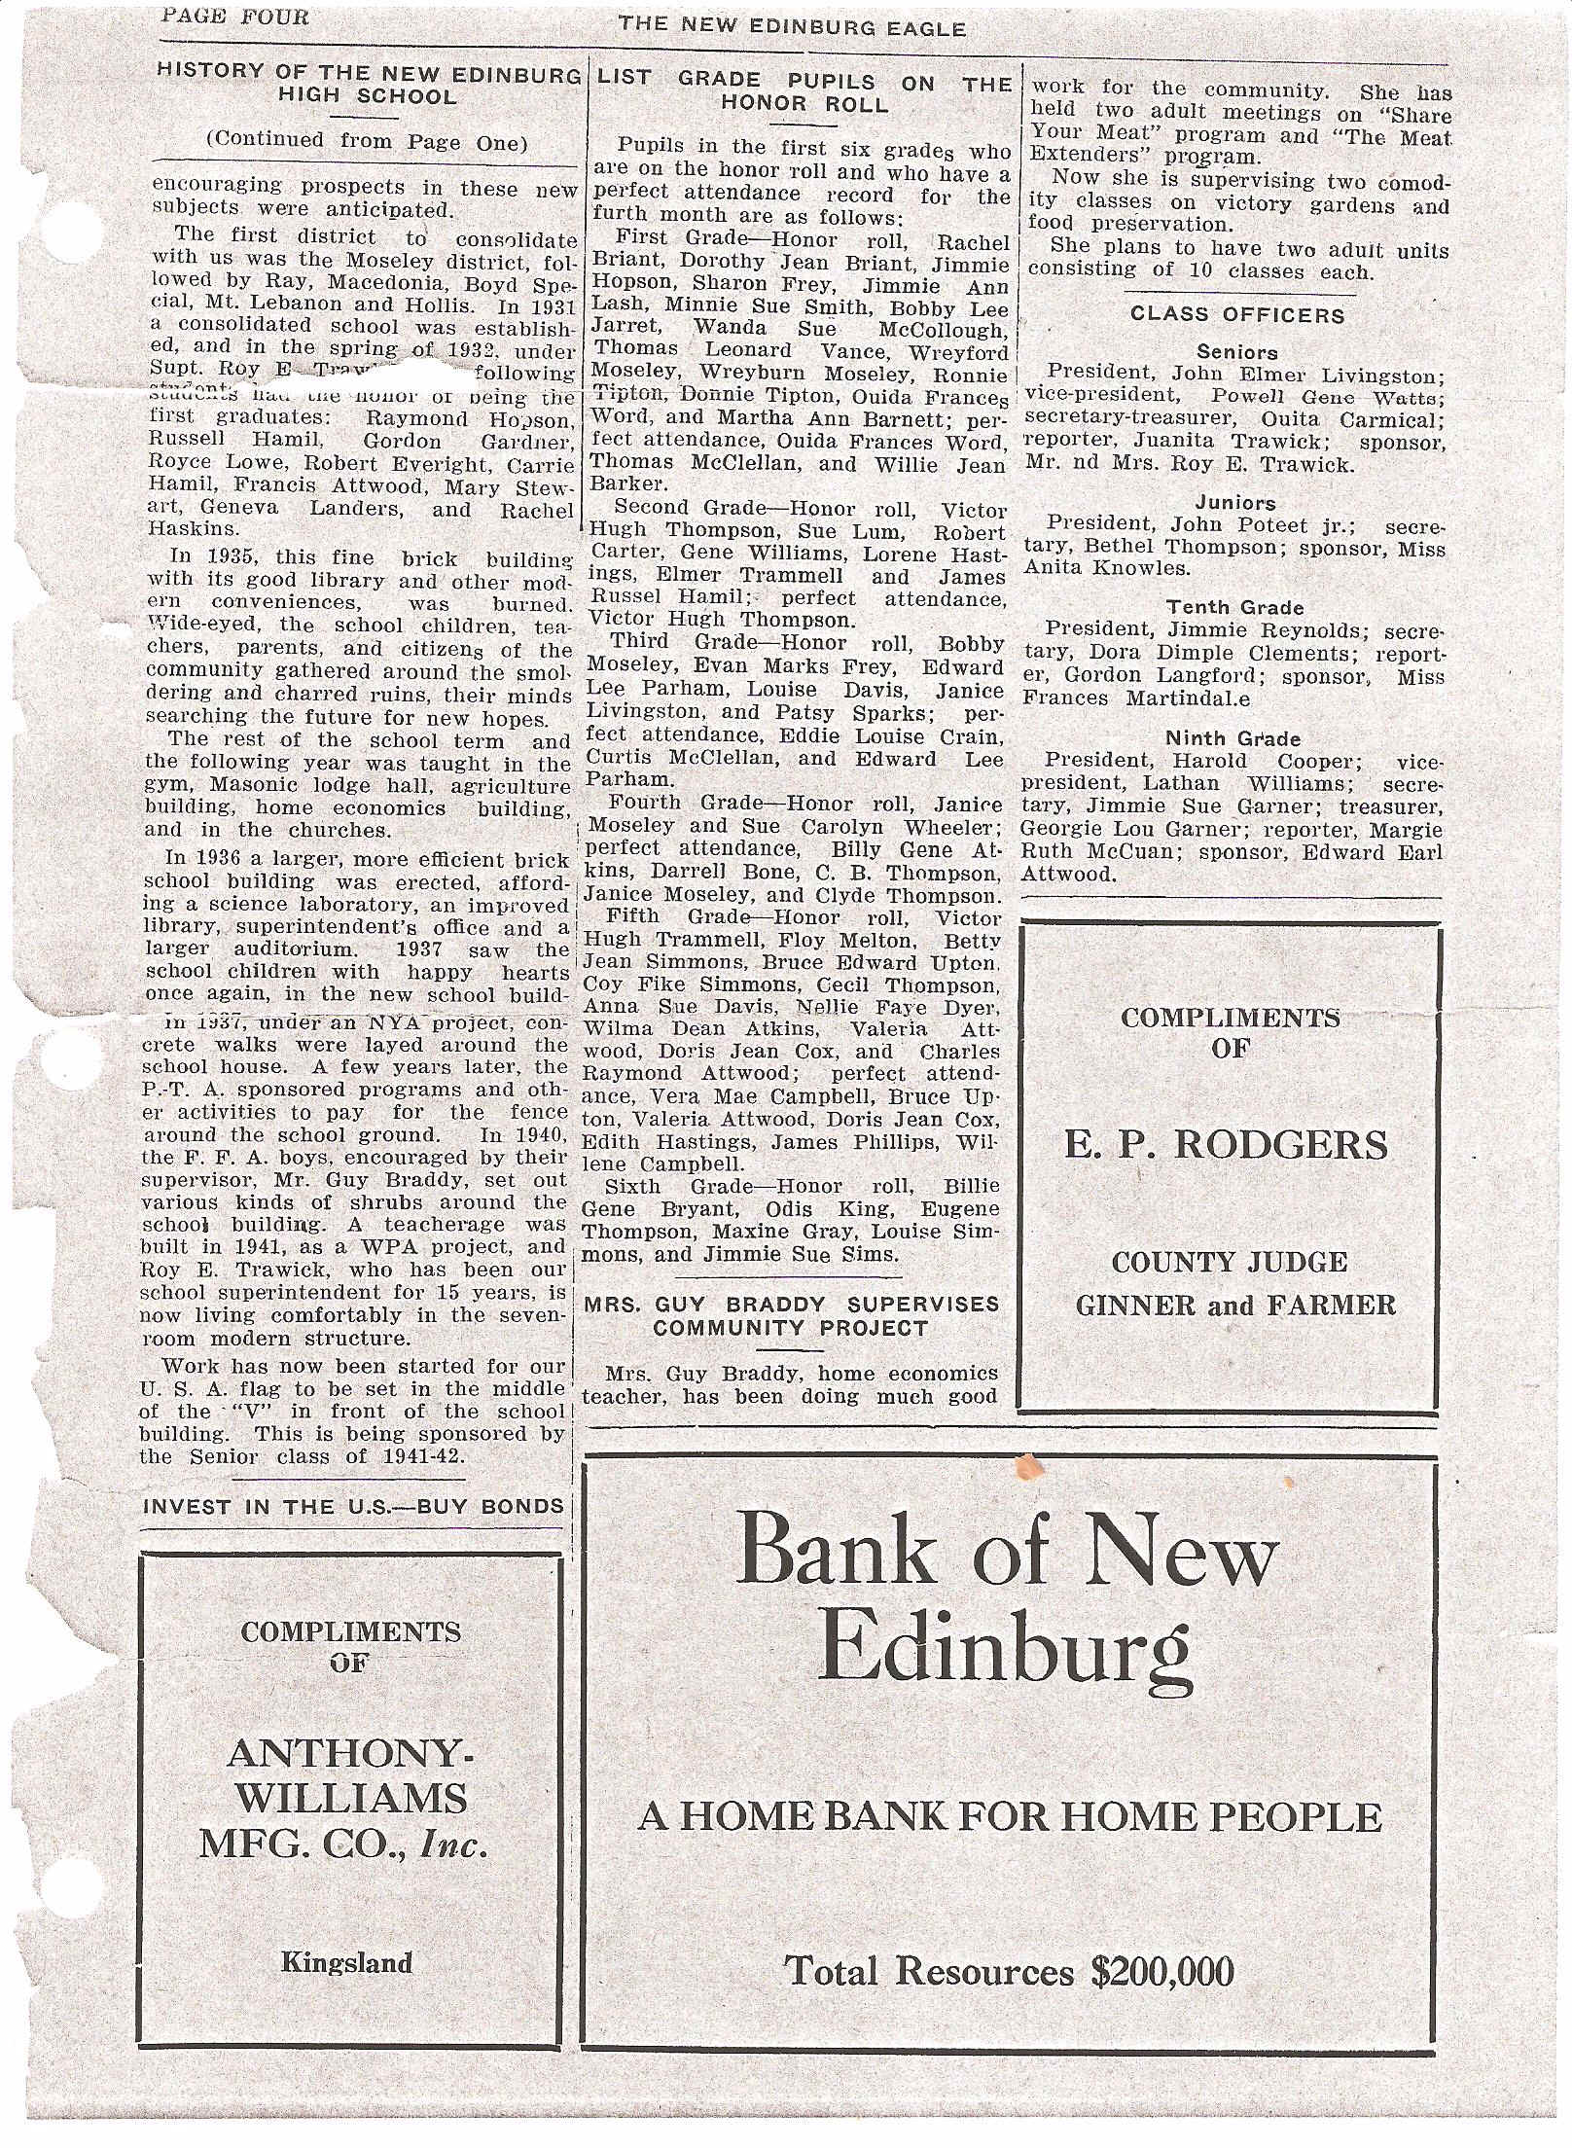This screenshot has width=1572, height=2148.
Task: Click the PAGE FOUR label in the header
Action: click(234, 17)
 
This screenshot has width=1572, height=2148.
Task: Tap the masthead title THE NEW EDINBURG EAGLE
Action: click(792, 28)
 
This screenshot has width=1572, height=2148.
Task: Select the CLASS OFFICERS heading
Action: click(1237, 315)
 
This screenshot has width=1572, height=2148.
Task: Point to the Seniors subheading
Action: click(1237, 352)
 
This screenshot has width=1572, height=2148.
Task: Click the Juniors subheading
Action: click(1235, 503)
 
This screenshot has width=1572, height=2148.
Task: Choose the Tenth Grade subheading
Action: click(1235, 608)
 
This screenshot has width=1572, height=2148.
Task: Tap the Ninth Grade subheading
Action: click(1233, 738)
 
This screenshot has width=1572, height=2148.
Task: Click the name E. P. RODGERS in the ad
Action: click(1226, 1145)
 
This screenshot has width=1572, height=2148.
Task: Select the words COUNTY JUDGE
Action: click(1230, 1263)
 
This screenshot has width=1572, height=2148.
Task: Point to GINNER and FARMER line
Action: click(1235, 1305)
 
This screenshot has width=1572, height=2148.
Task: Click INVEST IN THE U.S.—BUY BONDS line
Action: click(353, 1507)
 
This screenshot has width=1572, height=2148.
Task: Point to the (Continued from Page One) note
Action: click(366, 141)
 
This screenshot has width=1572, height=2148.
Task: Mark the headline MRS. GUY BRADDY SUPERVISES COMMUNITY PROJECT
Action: click(792, 1315)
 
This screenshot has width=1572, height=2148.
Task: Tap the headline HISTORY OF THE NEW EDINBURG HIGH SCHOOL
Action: click(368, 84)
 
